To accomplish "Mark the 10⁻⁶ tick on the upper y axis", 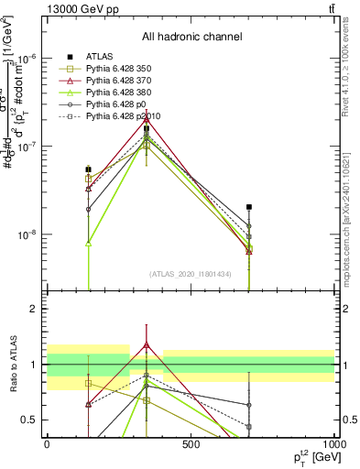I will coord(28,59).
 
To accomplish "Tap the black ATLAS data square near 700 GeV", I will coord(248,207).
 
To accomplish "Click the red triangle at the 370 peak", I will coord(147,118).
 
